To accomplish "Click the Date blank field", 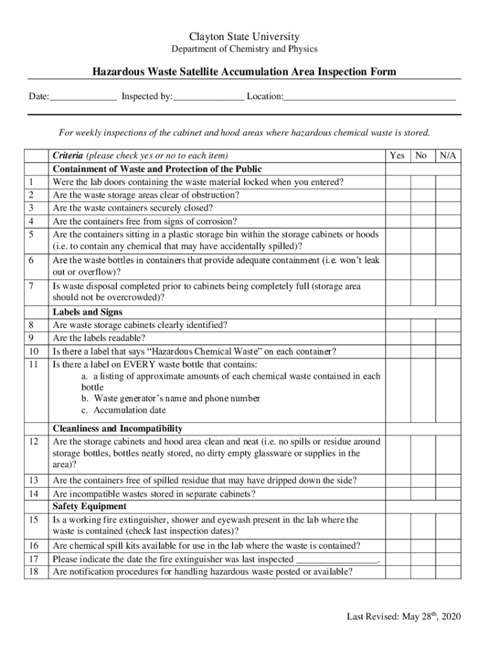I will pyautogui.click(x=83, y=97).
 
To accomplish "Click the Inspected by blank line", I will pyautogui.click(x=208, y=97).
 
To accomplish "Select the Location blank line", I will pyautogui.click(x=370, y=97).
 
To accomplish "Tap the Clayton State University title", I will pyautogui.click(x=245, y=37).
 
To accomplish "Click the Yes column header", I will pyautogui.click(x=397, y=156).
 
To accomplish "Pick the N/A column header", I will pyautogui.click(x=448, y=156).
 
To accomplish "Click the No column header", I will pyautogui.click(x=420, y=156).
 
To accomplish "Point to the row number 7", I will pyautogui.click(x=31, y=287).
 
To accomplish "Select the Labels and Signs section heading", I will pyautogui.click(x=88, y=312).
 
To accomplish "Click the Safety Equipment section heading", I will pyautogui.click(x=90, y=507).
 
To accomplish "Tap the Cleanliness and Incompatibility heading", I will pyautogui.click(x=117, y=429).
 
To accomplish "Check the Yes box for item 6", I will pyautogui.click(x=397, y=266).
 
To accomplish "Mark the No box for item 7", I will pyautogui.click(x=420, y=292).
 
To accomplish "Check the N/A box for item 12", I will pyautogui.click(x=448, y=453).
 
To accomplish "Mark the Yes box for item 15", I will pyautogui.click(x=397, y=526).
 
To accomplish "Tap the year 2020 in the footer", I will pyautogui.click(x=450, y=617).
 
